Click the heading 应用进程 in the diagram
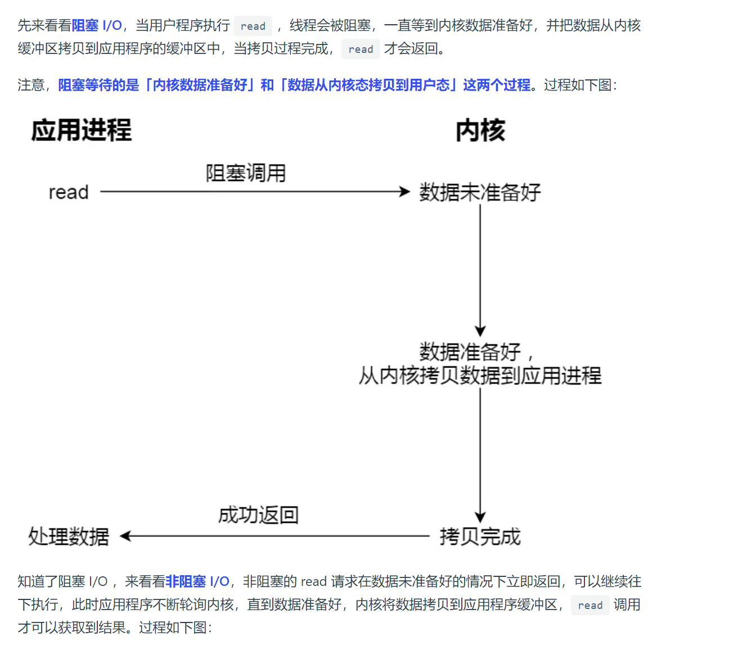click(82, 130)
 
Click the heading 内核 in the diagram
click(480, 131)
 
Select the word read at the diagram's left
click(69, 192)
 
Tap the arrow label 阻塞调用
click(246, 173)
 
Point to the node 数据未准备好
click(480, 192)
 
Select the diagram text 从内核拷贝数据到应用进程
click(480, 375)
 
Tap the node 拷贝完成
click(480, 536)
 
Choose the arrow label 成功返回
click(258, 514)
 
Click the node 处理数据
click(69, 536)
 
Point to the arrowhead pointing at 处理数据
click(125, 536)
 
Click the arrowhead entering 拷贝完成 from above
click(480, 518)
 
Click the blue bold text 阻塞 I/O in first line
click(97, 25)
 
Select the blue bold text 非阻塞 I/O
click(197, 581)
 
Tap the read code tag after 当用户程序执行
click(253, 26)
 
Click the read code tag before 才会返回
click(361, 50)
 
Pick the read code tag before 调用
click(590, 606)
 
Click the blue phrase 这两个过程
click(497, 85)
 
